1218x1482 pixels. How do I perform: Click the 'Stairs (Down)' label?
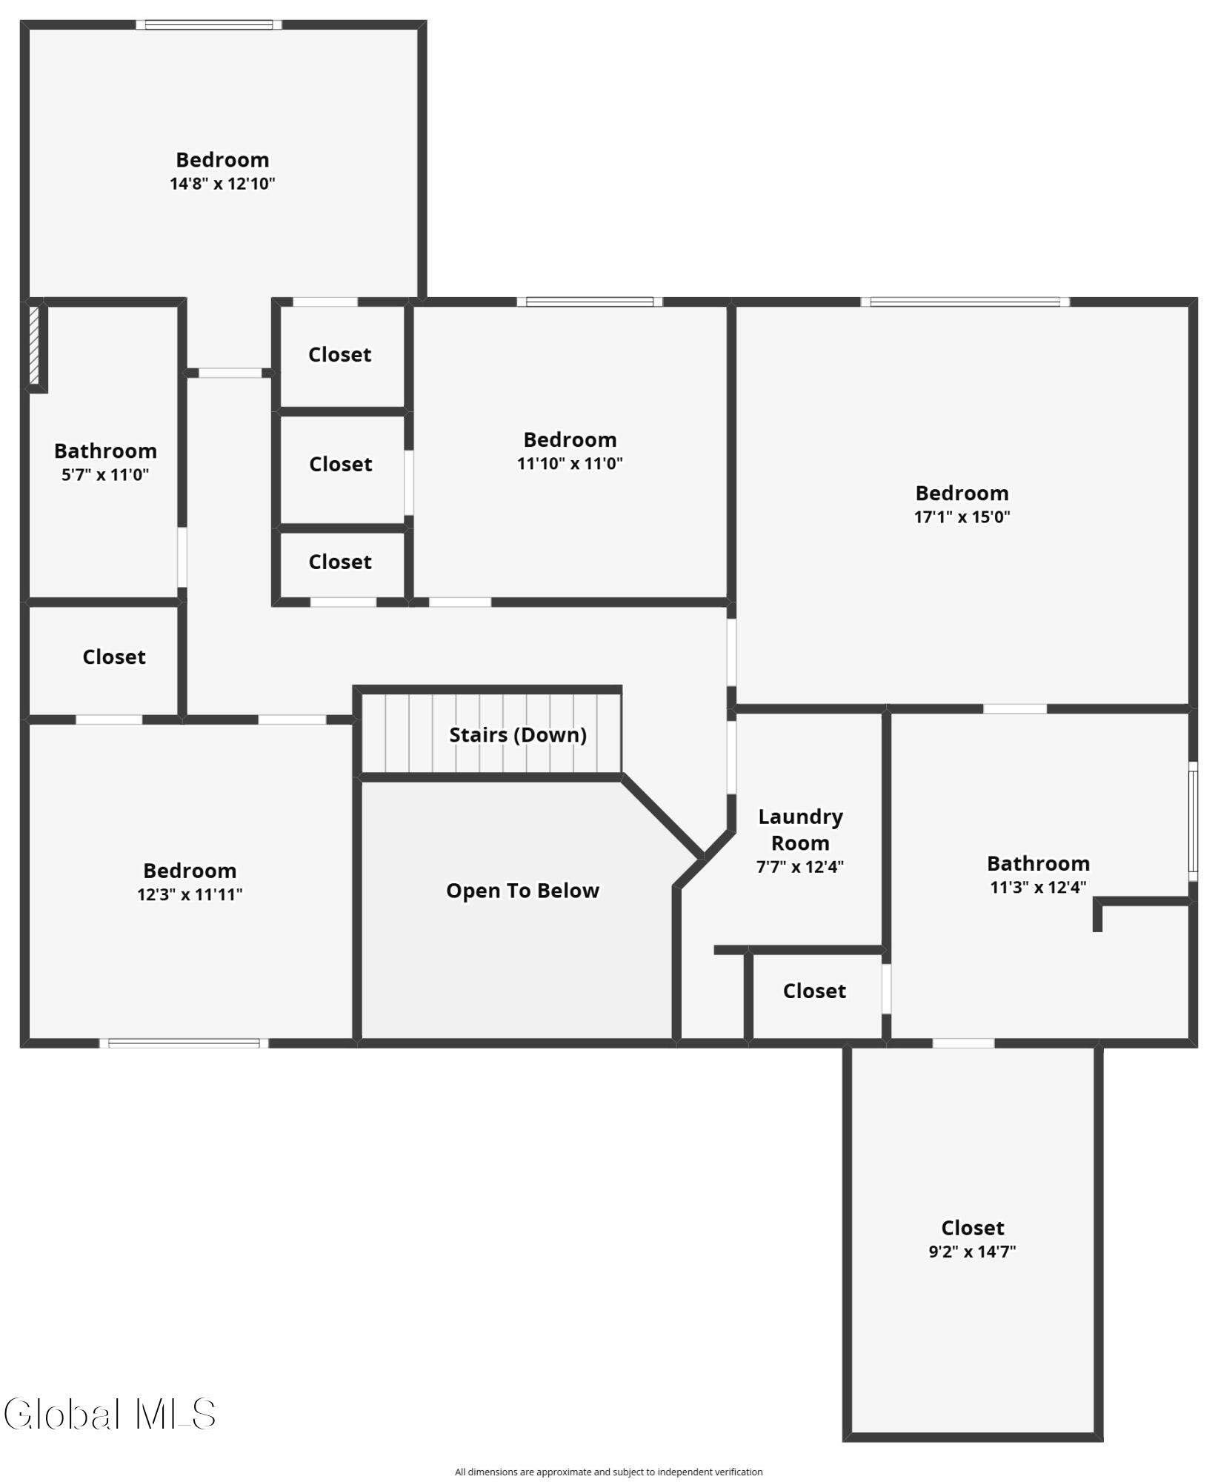(517, 734)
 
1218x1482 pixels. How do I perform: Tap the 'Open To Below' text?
(522, 890)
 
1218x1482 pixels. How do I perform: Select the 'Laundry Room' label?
(800, 829)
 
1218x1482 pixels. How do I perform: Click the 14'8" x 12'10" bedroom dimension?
(222, 184)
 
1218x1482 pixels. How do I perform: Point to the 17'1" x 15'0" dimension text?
(962, 517)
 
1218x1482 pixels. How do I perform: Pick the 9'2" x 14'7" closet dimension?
(972, 1252)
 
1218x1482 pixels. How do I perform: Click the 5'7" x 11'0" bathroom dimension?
(105, 475)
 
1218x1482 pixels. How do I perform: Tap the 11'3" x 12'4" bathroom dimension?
(1038, 887)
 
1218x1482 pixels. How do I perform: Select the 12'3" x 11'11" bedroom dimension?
(190, 894)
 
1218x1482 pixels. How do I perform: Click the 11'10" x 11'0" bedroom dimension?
(570, 464)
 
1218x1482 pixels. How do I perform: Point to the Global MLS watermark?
(110, 1414)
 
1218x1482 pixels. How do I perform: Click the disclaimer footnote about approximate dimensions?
(608, 1472)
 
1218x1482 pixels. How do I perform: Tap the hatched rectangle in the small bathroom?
(34, 345)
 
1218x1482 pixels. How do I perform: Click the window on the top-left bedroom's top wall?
(209, 24)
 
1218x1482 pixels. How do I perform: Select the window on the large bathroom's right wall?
(1192, 821)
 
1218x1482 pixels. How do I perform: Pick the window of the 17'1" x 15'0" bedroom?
(965, 302)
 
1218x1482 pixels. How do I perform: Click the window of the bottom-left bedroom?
(184, 1043)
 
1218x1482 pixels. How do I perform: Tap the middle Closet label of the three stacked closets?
(341, 464)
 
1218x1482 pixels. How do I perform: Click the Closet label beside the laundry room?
(814, 991)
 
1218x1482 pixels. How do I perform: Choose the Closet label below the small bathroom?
(114, 657)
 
